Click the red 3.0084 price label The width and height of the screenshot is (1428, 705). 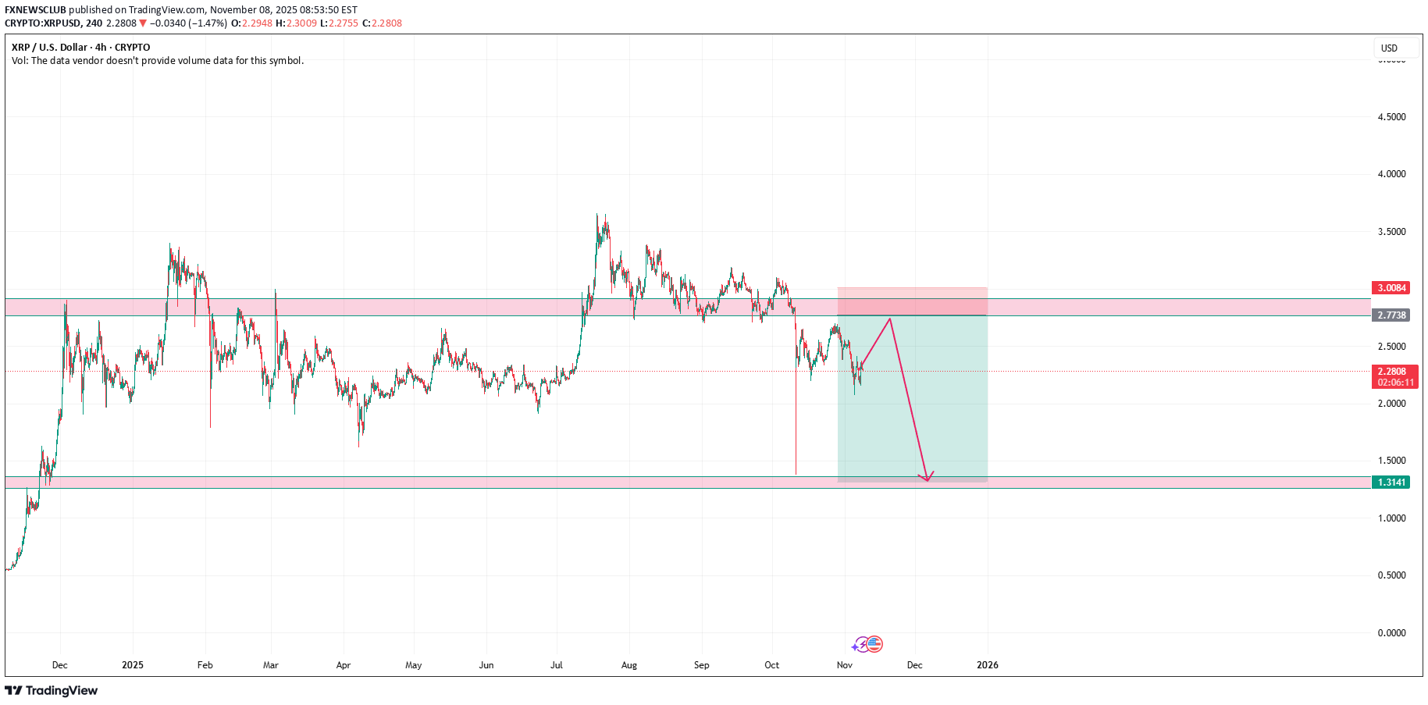[1391, 288]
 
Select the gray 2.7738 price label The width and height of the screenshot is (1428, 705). [1391, 315]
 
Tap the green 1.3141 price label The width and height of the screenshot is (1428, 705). [1391, 482]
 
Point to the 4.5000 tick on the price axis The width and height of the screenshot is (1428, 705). [1391, 117]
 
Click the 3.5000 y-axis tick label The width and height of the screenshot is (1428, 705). [1391, 232]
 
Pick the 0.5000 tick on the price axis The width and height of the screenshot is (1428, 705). [1391, 575]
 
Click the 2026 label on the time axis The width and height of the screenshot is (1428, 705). [987, 665]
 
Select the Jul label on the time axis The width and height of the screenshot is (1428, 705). [557, 665]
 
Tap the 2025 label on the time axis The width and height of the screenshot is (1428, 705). [133, 665]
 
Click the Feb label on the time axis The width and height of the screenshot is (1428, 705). [205, 665]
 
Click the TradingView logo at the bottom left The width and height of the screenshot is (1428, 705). [52, 690]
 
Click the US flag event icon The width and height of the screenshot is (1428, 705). [874, 644]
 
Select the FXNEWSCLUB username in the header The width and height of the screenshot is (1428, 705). [35, 10]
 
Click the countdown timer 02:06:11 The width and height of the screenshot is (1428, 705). [1396, 383]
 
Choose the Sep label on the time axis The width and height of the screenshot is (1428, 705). [701, 665]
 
